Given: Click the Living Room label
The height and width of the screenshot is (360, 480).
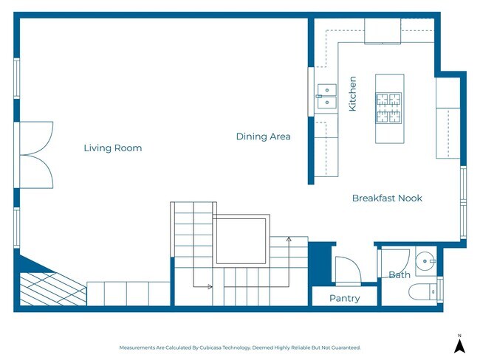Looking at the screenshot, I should [112, 148].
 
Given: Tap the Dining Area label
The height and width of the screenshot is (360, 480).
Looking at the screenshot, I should [263, 136].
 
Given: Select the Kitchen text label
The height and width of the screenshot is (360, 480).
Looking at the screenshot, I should [352, 94].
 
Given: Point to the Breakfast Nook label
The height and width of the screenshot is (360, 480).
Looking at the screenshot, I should [387, 198].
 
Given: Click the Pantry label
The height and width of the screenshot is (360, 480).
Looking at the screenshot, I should [344, 298].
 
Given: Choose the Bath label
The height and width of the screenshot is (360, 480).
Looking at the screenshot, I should [399, 275].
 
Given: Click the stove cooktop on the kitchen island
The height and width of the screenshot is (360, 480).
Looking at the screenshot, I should [388, 108].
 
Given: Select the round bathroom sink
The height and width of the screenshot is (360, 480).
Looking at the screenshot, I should [425, 260].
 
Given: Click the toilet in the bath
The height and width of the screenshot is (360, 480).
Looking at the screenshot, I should [425, 291].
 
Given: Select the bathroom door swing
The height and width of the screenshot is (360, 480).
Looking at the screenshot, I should [394, 260].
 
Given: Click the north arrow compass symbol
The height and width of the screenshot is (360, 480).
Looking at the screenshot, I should [459, 344].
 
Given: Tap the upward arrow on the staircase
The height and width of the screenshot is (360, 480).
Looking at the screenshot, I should [289, 240].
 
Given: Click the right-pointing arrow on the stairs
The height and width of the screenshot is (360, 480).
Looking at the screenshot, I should [210, 286].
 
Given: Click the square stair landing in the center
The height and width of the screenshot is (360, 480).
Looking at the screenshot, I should [240, 240].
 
